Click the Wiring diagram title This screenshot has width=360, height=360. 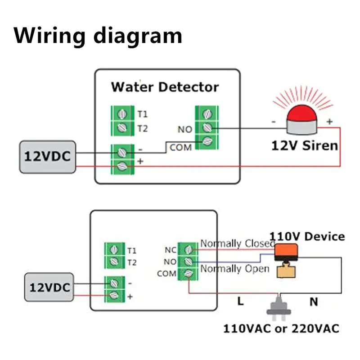(x=98, y=36)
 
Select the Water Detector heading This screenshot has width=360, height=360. (x=165, y=86)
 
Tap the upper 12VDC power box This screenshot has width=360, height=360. (x=47, y=156)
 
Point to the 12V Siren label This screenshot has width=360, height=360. (x=304, y=146)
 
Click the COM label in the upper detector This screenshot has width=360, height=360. (x=180, y=147)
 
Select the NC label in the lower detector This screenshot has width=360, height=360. (x=171, y=249)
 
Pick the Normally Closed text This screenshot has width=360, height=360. (x=238, y=243)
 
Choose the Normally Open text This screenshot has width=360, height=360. (x=234, y=269)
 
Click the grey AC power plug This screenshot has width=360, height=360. (x=279, y=307)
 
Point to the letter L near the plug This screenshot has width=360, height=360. (x=241, y=301)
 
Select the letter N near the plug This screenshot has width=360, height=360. (x=314, y=301)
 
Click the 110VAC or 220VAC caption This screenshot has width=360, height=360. (x=281, y=328)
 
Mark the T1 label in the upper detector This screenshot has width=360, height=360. (x=142, y=114)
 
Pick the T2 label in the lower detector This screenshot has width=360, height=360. (x=132, y=262)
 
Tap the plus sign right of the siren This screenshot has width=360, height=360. (x=329, y=121)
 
